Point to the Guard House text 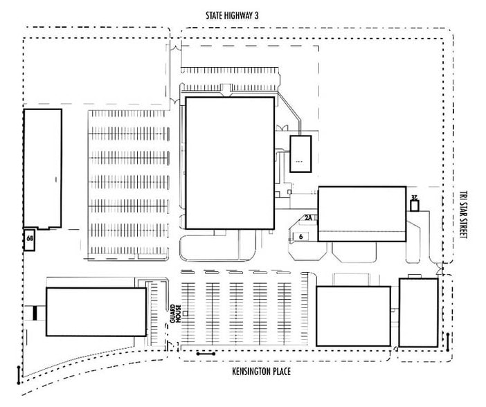click(177, 314)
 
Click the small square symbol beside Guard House click(186, 314)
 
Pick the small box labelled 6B click(30, 238)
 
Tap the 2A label click(309, 217)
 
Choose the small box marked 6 click(301, 236)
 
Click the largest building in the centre click(229, 163)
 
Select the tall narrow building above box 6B click(43, 168)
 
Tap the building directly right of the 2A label click(361, 214)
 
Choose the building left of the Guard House click(96, 311)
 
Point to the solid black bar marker click(35, 313)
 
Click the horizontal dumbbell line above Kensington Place click(206, 354)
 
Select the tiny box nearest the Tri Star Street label click(415, 206)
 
